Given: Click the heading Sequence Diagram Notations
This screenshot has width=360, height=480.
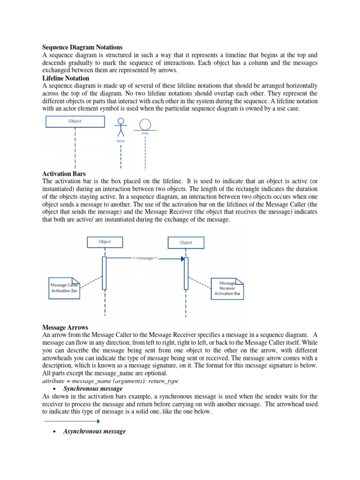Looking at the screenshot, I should (x=82, y=47).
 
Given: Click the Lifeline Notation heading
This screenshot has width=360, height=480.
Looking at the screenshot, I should (x=66, y=78).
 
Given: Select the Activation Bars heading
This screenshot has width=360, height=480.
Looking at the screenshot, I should (x=64, y=173).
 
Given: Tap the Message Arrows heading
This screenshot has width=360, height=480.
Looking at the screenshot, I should (x=65, y=327).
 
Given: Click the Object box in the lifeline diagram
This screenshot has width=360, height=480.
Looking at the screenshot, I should (x=75, y=121).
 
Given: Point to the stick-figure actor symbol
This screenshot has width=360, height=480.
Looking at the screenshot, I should (x=120, y=127).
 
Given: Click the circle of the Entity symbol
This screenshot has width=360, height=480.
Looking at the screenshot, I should (x=145, y=124).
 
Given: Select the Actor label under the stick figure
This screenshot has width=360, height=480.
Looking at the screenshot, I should (x=120, y=141).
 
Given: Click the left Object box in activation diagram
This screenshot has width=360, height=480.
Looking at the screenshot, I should (x=105, y=242).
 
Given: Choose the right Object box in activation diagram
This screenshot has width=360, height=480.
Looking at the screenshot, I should (x=186, y=242).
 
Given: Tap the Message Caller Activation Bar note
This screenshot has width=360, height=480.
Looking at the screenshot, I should (x=64, y=288).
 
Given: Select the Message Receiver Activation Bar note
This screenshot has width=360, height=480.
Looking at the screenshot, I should (x=227, y=288).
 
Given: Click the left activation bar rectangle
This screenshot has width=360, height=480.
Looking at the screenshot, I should (x=104, y=273).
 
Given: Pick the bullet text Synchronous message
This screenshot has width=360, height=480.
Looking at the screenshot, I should (x=93, y=389).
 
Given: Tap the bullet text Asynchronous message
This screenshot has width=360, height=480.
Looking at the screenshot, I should (x=94, y=431).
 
